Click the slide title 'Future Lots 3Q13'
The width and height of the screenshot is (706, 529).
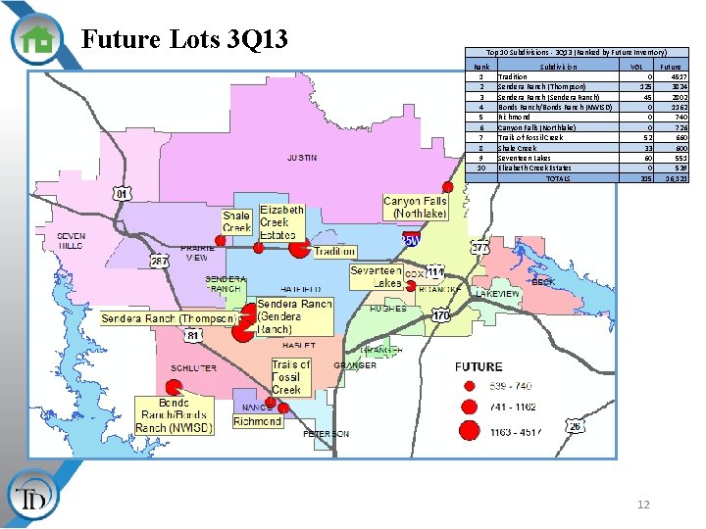[184, 39]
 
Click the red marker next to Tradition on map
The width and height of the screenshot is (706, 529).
[299, 247]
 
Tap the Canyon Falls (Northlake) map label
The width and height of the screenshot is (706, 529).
[415, 208]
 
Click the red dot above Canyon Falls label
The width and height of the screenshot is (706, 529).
[447, 186]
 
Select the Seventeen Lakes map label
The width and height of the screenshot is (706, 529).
[376, 276]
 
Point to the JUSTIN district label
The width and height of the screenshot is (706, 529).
[301, 158]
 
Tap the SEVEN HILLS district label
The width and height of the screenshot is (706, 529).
[71, 241]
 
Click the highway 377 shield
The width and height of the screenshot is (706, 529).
[479, 247]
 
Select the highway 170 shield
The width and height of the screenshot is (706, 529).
[441, 315]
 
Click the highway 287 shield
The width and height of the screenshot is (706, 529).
[159, 261]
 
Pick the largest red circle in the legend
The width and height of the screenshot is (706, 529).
[470, 429]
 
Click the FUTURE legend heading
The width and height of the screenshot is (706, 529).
[479, 366]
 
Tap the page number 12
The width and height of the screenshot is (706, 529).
[643, 505]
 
